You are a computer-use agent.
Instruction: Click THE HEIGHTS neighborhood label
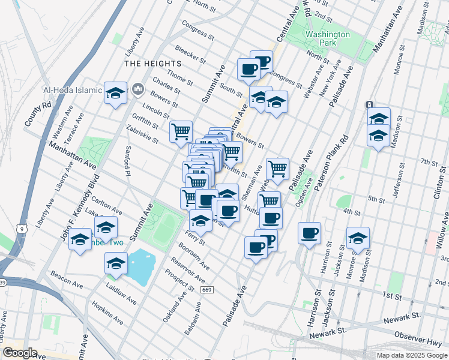152,64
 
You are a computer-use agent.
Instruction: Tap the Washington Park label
327,38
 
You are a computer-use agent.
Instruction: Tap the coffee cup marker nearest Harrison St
310,233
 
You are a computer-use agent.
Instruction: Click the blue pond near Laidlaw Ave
142,266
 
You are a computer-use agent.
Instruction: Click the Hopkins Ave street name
107,314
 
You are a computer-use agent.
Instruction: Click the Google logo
20,353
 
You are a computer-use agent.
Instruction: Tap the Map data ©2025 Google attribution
411,355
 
